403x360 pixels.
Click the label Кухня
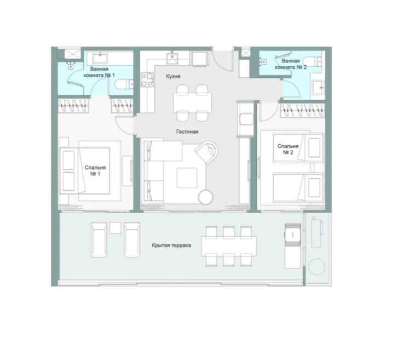173,76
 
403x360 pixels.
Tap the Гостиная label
187,132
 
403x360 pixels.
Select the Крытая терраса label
171,245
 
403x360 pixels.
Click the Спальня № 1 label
95,170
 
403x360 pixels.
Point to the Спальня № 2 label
288,149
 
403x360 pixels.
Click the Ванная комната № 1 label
99,72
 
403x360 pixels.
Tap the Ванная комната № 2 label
291,64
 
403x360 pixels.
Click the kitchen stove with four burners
147,79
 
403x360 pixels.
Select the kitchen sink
172,58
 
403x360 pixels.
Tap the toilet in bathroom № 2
313,62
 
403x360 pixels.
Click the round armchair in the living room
206,152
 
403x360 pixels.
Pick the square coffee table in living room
187,178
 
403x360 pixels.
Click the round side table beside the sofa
206,197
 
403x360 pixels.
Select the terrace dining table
229,246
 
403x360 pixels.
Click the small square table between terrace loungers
115,228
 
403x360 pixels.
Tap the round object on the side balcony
316,267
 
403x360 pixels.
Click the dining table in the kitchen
193,103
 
